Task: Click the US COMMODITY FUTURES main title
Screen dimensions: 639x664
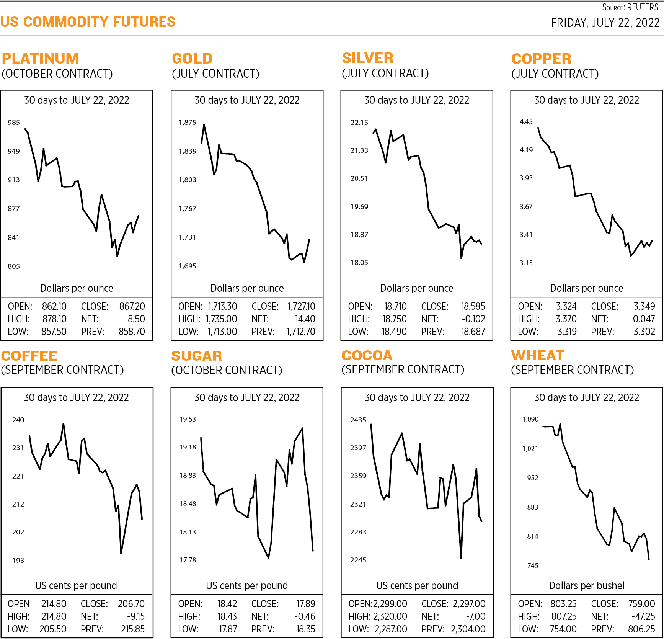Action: coord(88,22)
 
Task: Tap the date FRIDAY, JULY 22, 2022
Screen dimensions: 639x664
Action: coord(605,23)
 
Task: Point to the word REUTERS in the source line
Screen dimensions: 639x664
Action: coord(643,7)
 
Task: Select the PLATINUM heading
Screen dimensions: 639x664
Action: coord(41,59)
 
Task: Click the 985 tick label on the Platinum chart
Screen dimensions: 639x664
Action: coord(14,123)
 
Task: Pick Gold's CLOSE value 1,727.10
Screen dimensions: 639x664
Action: coord(302,307)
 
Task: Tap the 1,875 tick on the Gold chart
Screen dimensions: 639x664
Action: coord(187,123)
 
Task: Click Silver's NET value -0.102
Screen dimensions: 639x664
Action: coord(473,319)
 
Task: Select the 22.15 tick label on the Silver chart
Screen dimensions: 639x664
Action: coord(359,123)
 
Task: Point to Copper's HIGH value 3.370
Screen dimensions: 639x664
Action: coord(566,319)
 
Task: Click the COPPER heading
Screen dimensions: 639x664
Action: coord(541,59)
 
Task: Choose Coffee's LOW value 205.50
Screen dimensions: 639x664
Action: coord(53,629)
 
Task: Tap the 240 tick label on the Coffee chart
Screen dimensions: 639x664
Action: coord(18,420)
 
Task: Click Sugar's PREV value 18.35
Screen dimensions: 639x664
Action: coord(305,629)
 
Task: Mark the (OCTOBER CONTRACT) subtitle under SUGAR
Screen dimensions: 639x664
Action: coord(227,370)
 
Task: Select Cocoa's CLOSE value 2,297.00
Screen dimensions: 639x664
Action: coord(469,604)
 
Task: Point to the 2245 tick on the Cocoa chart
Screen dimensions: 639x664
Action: coord(358,560)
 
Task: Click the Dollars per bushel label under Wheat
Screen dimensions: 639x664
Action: coord(586,586)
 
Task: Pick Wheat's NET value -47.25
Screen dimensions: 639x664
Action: coord(643,617)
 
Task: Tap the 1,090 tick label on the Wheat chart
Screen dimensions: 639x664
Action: coord(530,419)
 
